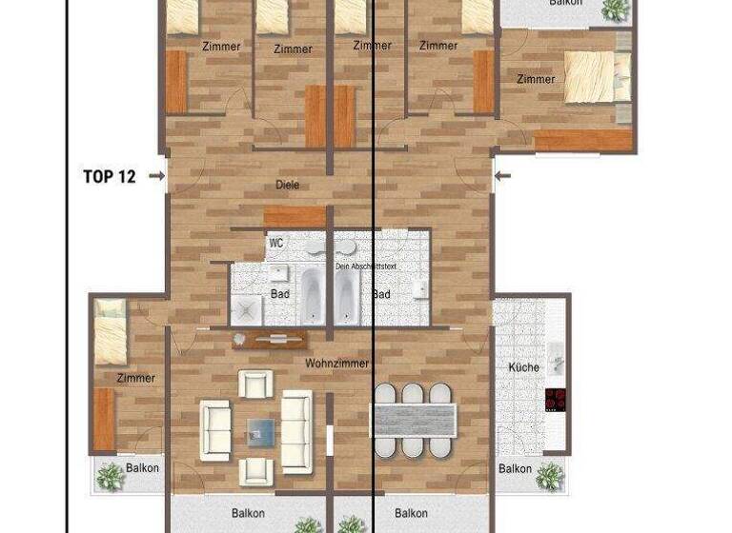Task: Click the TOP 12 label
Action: (x=109, y=176)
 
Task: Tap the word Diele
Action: (x=287, y=185)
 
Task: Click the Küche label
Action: (x=523, y=367)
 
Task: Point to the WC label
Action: (x=276, y=244)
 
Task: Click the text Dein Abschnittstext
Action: (x=365, y=266)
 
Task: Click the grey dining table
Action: (x=414, y=419)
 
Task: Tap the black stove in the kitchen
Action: (x=556, y=400)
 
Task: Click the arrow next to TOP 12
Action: (x=155, y=176)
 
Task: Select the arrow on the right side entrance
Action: (x=504, y=175)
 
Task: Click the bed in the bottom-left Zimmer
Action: (x=112, y=330)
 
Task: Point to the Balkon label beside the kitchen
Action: (x=516, y=468)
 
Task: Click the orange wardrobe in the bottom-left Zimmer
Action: (x=103, y=420)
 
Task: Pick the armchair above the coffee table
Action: (x=255, y=384)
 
